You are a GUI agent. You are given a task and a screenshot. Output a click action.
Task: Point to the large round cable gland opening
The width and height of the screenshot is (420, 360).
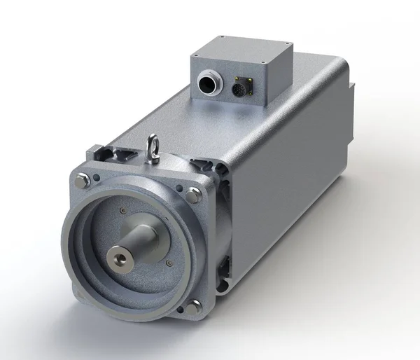[x=207, y=85]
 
